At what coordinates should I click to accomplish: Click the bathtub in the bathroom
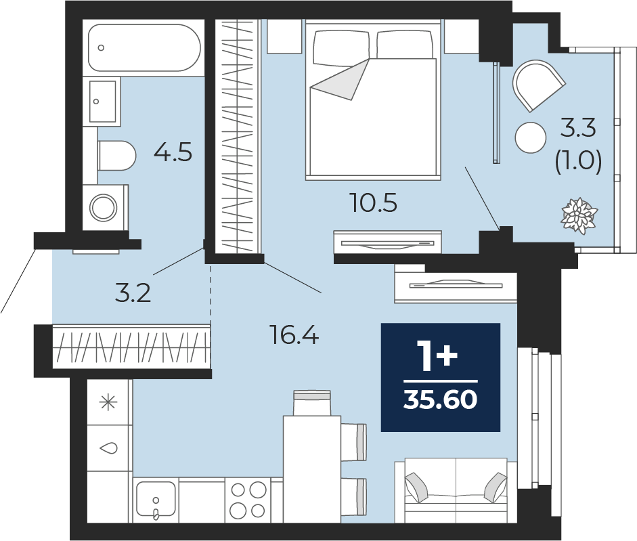pos(144,47)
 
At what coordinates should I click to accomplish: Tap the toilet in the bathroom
pos(116,156)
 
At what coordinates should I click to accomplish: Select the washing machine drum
pos(103,208)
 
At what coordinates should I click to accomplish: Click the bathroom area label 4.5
pos(173,153)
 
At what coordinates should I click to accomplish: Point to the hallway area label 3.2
pos(133,293)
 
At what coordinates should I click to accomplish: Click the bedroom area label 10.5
pos(374,203)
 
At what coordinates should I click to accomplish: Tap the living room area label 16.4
pos(294,335)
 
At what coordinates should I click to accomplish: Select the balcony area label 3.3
pos(578,127)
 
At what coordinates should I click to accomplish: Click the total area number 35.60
pos(441,399)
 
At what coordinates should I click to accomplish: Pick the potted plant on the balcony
pos(579,215)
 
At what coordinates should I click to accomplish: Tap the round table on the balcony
pos(531,137)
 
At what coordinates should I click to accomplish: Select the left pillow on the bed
pos(341,48)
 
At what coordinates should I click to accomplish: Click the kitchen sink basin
pos(156,499)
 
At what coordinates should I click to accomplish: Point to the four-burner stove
pos(248,500)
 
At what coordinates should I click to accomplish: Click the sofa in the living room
pos(456,490)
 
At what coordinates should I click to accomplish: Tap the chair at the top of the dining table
pos(312,403)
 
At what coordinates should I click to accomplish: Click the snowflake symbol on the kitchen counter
pos(108,403)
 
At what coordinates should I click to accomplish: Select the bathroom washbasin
pos(102,101)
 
